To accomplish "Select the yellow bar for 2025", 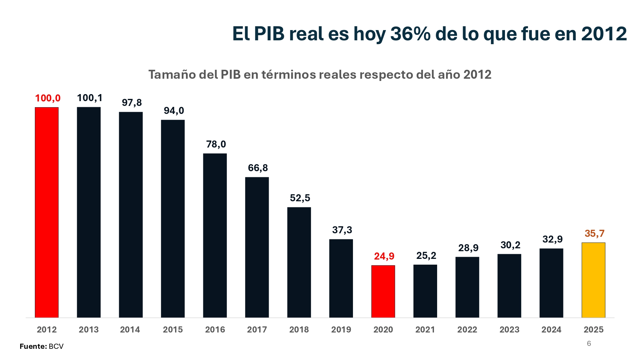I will point(593,280).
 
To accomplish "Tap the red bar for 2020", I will point(383,291).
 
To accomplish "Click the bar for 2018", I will point(299,262).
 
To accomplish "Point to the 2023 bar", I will point(509,286).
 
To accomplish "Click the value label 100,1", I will point(90,98).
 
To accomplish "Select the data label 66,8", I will point(258,168).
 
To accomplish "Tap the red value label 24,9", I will point(384,256).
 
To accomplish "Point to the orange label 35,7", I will point(595,233).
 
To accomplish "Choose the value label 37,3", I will point(342,230).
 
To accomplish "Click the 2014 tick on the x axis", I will point(130,330).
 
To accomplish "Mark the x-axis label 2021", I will point(425,330).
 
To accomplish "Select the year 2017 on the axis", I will point(257,330).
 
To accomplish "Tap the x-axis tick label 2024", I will point(551,330).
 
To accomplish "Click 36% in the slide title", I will point(411,34).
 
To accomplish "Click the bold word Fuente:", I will point(33,346).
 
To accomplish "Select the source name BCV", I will point(56,346).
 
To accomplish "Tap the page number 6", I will point(589,343).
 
